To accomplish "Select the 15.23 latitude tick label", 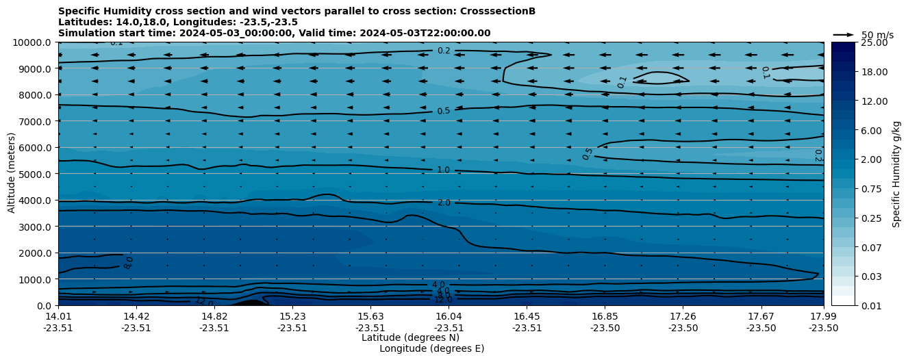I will pyautogui.click(x=292, y=316).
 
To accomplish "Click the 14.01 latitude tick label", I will pyautogui.click(x=58, y=316).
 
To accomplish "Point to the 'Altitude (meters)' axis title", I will pyautogui.click(x=12, y=174).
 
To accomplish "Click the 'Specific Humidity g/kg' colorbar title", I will pyautogui.click(x=896, y=174).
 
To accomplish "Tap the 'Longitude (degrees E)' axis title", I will pyautogui.click(x=431, y=348).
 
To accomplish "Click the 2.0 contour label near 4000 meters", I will pyautogui.click(x=444, y=203).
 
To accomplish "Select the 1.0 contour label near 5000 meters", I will pyautogui.click(x=444, y=170).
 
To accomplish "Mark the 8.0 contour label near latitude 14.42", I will pyautogui.click(x=129, y=263).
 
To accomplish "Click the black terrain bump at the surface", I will pyautogui.click(x=250, y=303).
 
